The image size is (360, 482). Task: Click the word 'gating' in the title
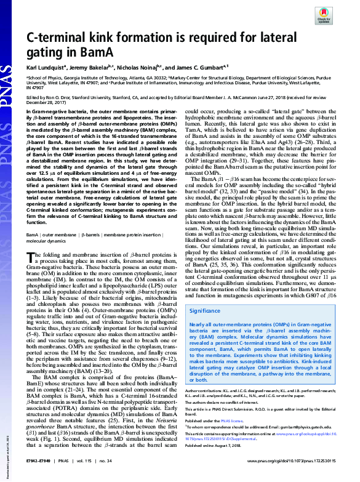pyautogui.click(x=44, y=54)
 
